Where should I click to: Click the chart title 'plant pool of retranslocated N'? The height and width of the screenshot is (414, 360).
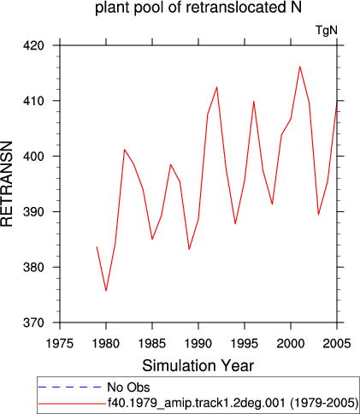(x=198, y=8)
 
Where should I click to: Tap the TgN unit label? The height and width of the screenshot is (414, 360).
(x=327, y=30)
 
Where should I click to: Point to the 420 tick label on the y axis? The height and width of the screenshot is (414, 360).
(x=33, y=45)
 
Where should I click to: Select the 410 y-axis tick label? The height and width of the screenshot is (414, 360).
(x=33, y=101)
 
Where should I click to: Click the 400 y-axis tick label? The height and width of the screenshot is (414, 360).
(x=33, y=157)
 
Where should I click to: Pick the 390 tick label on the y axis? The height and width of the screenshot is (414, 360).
(x=33, y=212)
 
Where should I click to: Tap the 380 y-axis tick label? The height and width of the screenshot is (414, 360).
(x=33, y=267)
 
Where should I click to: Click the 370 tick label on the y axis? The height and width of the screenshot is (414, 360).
(x=33, y=322)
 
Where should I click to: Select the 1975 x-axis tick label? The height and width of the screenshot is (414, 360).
(x=60, y=344)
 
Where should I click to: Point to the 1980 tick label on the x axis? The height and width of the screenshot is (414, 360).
(x=106, y=344)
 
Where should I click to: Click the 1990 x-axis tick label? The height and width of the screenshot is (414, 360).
(x=198, y=344)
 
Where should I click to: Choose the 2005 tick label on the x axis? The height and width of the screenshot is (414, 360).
(x=337, y=344)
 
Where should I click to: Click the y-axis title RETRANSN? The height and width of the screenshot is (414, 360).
(x=6, y=184)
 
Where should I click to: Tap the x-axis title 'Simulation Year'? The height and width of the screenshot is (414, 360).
(x=198, y=366)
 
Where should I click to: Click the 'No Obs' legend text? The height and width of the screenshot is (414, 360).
(x=128, y=387)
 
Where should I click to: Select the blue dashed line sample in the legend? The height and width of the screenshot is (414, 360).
(x=69, y=387)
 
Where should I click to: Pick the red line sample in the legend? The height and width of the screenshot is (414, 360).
(x=72, y=404)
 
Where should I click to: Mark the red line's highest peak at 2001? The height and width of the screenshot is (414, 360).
(x=300, y=67)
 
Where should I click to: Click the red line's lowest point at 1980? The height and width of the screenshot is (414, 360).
(x=106, y=291)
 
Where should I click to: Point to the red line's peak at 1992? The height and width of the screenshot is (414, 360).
(x=217, y=87)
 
